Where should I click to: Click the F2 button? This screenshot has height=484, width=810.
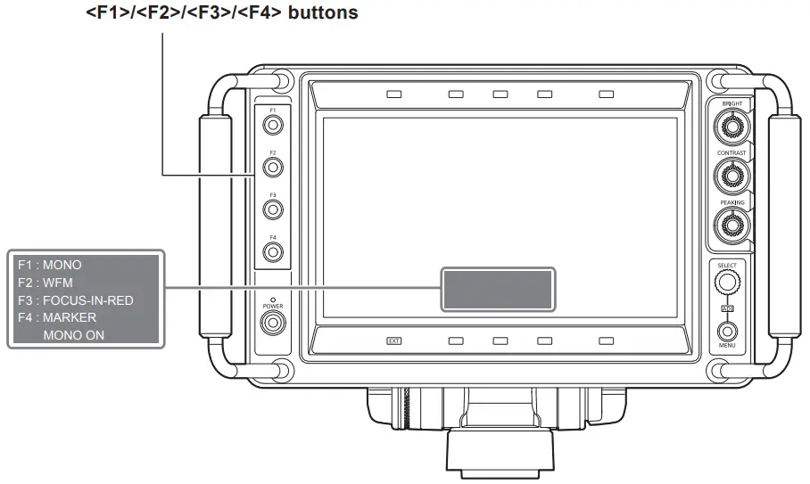pyautogui.click(x=273, y=166)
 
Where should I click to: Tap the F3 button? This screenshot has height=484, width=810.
pyautogui.click(x=273, y=209)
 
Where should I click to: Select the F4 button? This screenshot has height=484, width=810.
pyautogui.click(x=273, y=251)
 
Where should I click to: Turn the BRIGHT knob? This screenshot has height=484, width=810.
pyautogui.click(x=732, y=127)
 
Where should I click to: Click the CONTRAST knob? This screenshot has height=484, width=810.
pyautogui.click(x=732, y=176)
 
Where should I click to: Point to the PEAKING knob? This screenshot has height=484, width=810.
pyautogui.click(x=732, y=226)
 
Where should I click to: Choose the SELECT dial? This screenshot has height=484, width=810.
pyautogui.click(x=727, y=283)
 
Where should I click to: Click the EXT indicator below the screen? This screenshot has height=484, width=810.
pyautogui.click(x=394, y=340)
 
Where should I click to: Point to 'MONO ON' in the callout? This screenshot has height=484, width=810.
pyautogui.click(x=73, y=335)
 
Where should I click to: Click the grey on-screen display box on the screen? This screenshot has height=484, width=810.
pyautogui.click(x=497, y=289)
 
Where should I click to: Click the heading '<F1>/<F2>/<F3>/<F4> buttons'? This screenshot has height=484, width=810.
pyautogui.click(x=223, y=14)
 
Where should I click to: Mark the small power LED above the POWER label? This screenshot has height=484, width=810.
pyautogui.click(x=273, y=299)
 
